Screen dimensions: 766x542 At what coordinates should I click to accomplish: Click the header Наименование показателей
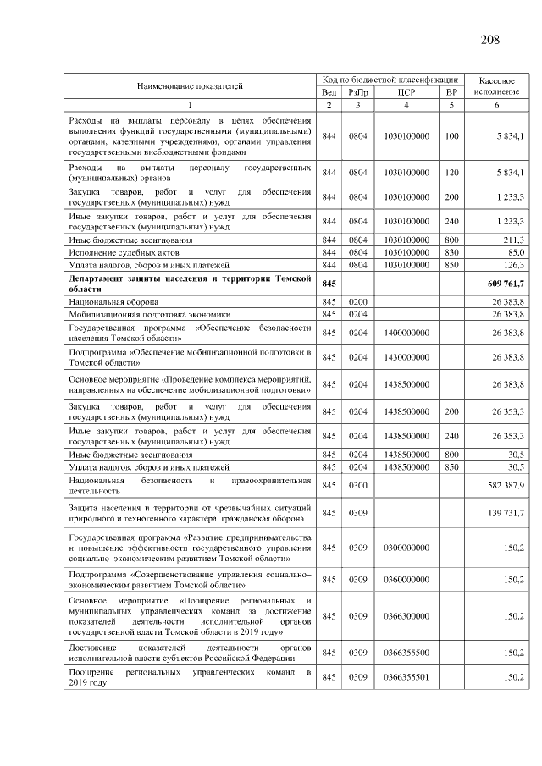click(191, 85)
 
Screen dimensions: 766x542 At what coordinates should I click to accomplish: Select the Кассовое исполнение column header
click(496, 85)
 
